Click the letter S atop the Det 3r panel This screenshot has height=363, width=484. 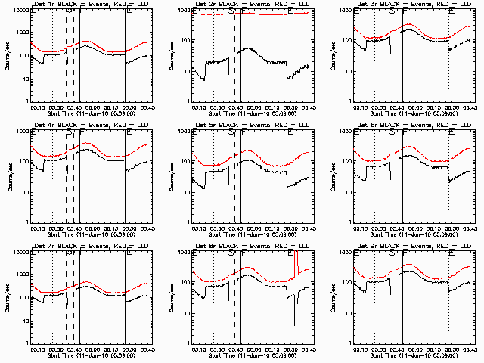point(392,11)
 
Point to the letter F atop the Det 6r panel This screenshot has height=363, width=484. point(403,132)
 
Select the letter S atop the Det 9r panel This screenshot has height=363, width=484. point(392,253)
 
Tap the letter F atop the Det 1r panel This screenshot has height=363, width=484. point(81,11)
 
